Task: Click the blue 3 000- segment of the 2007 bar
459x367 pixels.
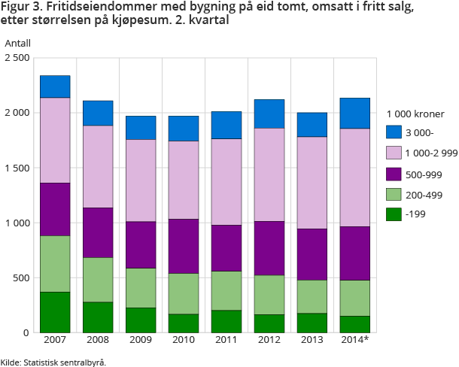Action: (54, 86)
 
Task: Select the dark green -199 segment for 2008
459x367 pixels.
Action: (98, 317)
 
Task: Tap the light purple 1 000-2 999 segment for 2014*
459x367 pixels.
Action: (354, 177)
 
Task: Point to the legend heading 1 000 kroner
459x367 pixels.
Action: (415, 114)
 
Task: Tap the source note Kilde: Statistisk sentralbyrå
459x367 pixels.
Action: (53, 362)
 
